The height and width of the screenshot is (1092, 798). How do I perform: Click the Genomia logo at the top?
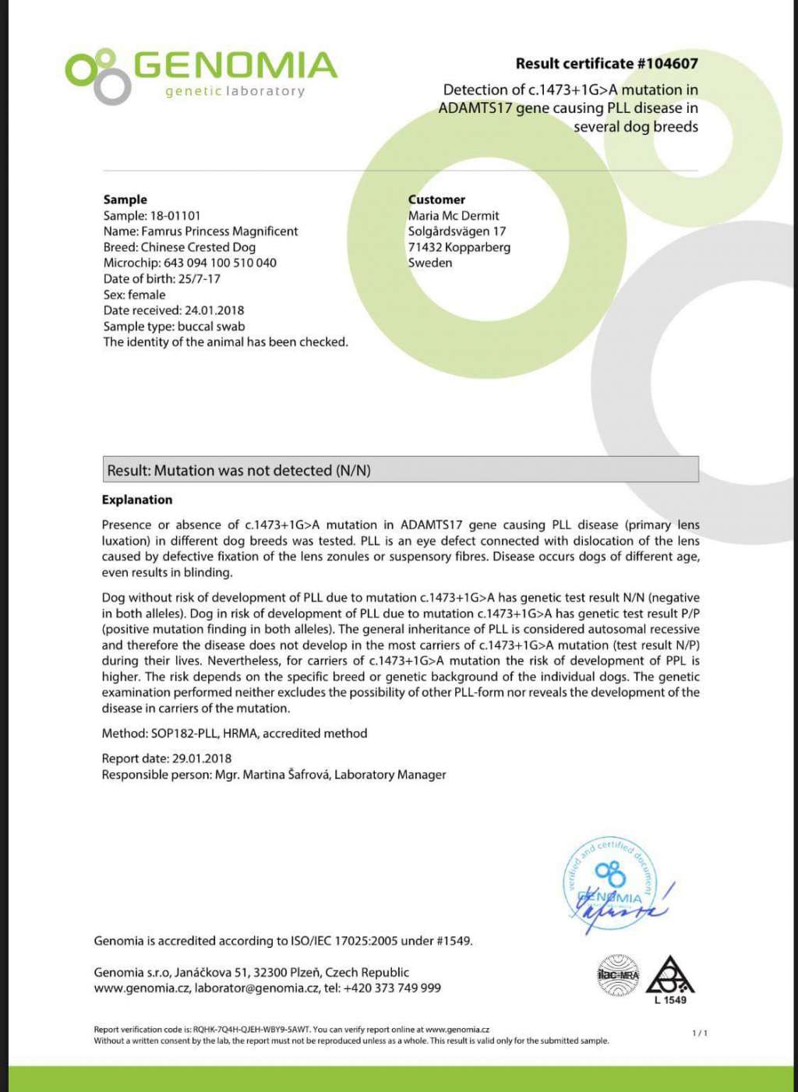click(x=201, y=75)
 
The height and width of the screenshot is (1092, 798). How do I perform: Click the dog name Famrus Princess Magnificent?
click(x=220, y=231)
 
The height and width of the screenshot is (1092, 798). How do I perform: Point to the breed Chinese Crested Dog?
click(x=198, y=247)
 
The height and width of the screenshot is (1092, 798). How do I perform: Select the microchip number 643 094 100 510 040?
click(x=220, y=263)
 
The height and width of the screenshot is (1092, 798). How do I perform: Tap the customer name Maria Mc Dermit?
click(x=454, y=216)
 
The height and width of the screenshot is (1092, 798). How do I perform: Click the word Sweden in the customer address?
click(x=430, y=263)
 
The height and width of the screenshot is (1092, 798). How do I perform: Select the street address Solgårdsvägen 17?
click(x=457, y=231)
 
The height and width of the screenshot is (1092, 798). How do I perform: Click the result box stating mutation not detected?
click(x=401, y=470)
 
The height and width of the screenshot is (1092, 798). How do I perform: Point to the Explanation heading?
click(x=137, y=500)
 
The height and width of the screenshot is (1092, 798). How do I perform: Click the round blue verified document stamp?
click(x=609, y=885)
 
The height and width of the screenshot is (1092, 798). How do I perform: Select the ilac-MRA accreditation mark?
click(x=618, y=975)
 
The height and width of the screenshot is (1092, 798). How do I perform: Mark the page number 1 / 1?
click(x=700, y=1034)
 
